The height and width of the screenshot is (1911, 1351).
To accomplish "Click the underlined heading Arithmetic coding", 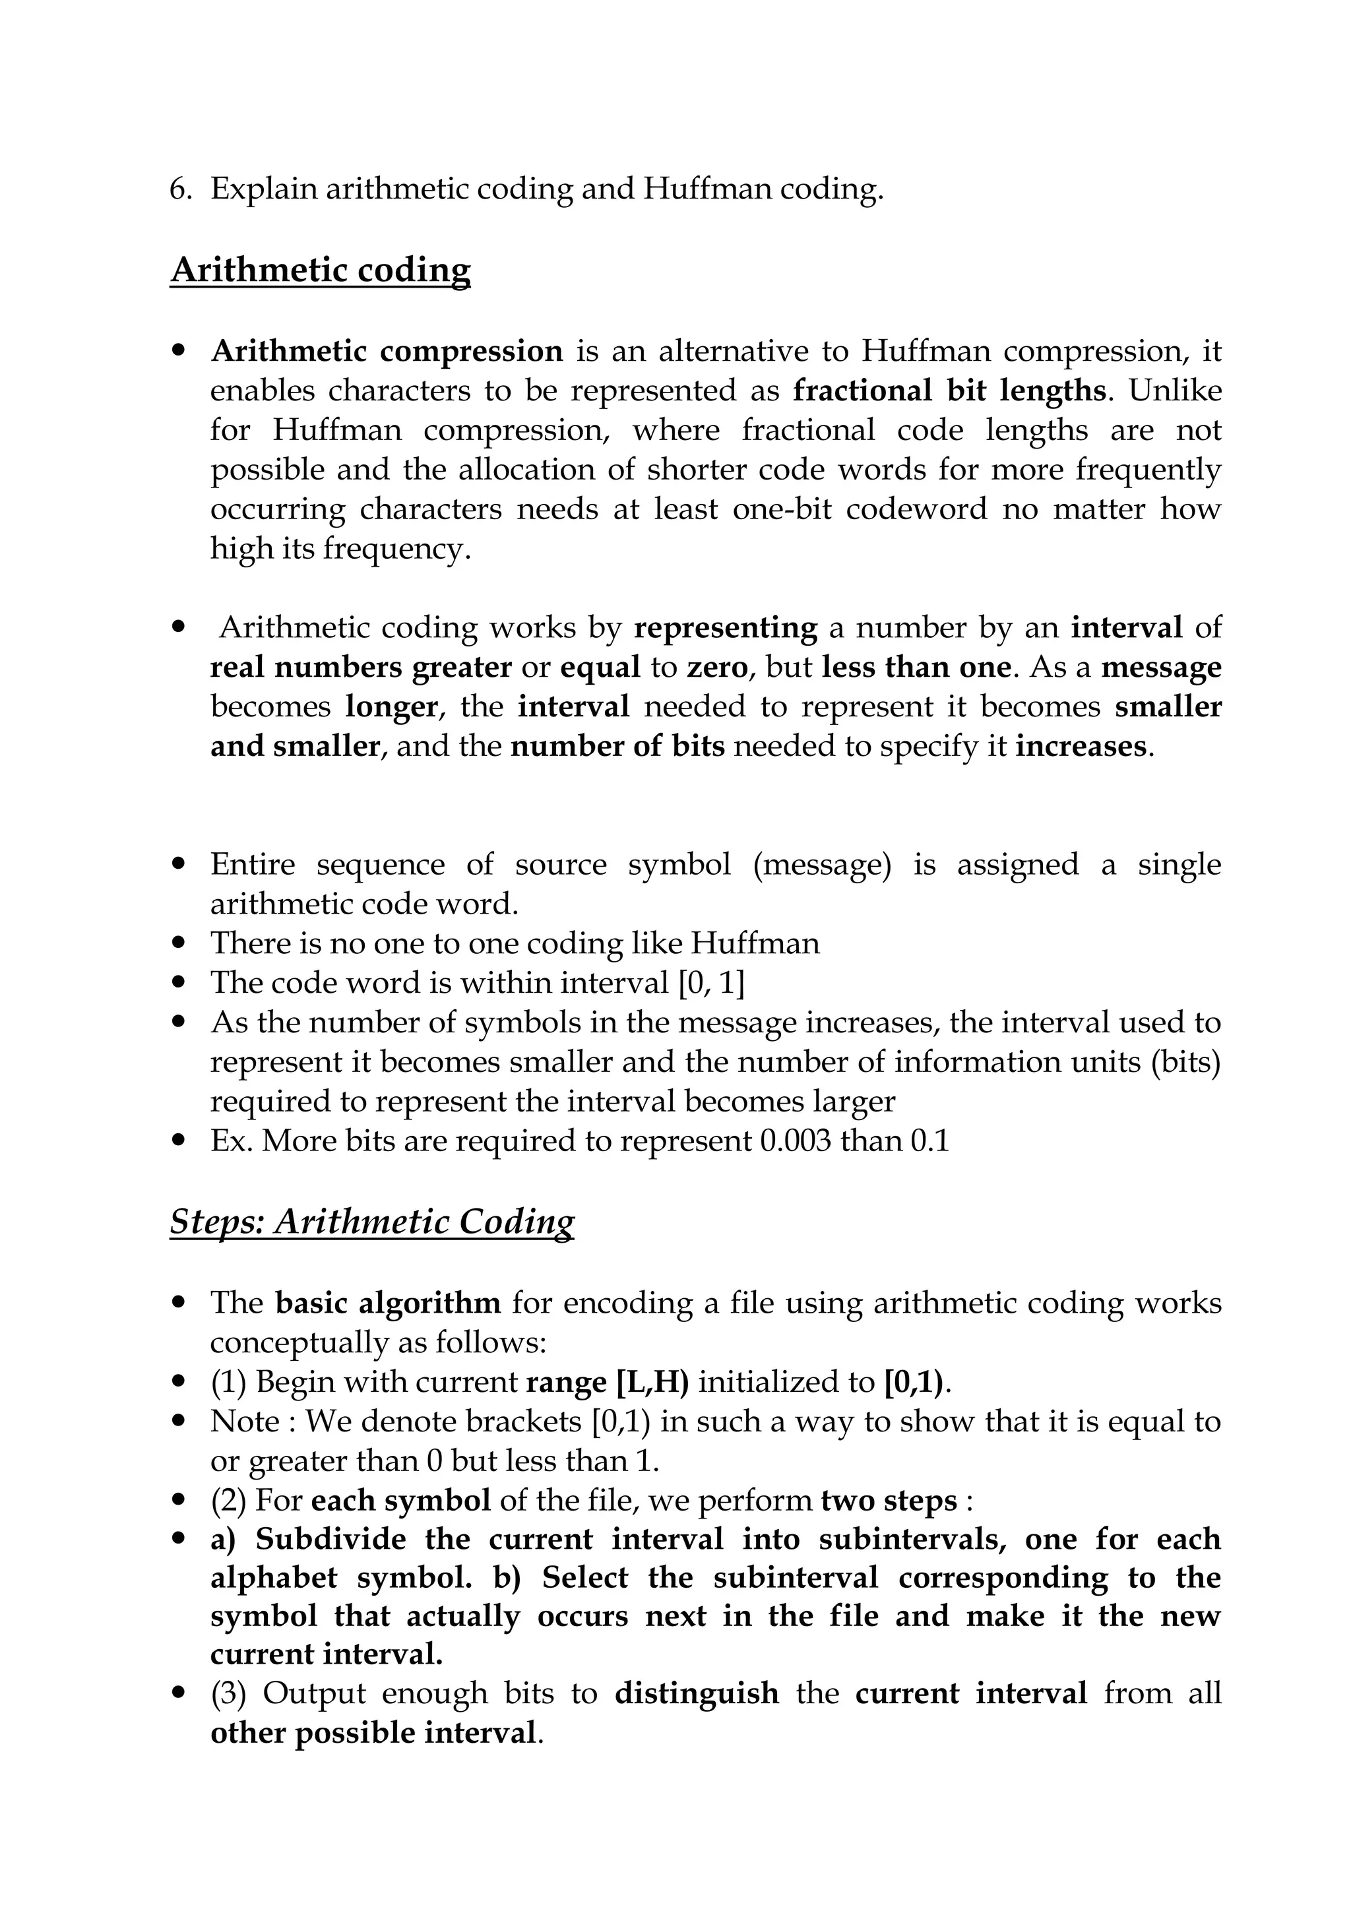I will (x=321, y=270).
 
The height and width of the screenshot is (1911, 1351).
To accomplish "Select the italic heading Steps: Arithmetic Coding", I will (x=371, y=1222).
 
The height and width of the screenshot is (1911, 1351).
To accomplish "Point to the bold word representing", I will (x=725, y=627).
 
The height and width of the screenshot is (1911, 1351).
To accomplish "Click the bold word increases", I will (x=1081, y=747).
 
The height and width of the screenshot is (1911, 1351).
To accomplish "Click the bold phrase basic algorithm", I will (x=388, y=1303).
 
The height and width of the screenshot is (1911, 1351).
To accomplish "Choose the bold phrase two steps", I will (x=889, y=1501).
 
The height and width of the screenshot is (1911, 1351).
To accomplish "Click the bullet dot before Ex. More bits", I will (x=179, y=1141).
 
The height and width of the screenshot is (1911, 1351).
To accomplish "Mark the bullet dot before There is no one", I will (x=179, y=944).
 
